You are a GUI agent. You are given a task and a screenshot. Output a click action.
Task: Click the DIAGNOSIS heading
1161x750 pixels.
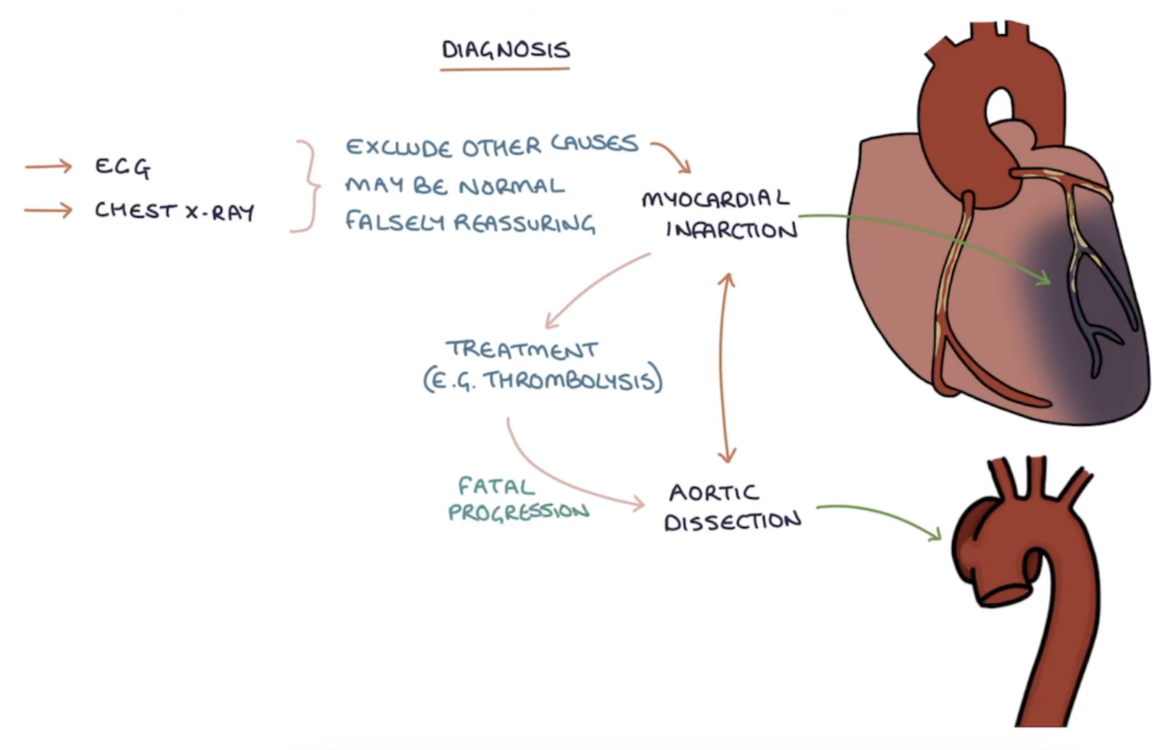[x=506, y=50]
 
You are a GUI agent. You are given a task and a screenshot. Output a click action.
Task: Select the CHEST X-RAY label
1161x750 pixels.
[x=174, y=211]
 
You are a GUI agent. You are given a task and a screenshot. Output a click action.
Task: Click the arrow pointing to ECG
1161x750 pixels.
[x=48, y=166]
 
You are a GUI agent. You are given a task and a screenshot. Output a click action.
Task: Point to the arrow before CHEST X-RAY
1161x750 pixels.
[x=48, y=210]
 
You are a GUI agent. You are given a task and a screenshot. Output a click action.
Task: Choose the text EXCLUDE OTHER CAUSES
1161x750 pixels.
[x=492, y=145]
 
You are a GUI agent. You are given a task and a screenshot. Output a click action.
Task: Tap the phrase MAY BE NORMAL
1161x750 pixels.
[x=454, y=185]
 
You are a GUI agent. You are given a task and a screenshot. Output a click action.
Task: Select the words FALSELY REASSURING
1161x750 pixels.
[x=470, y=223]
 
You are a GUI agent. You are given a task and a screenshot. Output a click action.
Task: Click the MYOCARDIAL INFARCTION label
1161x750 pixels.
[x=718, y=214]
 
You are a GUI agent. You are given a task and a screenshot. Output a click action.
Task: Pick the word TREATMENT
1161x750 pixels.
[x=522, y=350]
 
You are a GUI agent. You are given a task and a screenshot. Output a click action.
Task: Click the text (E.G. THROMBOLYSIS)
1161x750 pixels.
[x=543, y=381]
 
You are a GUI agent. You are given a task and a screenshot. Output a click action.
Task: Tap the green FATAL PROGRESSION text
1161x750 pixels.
[x=518, y=499]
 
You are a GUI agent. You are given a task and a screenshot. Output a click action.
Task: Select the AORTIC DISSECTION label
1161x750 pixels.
[x=733, y=506]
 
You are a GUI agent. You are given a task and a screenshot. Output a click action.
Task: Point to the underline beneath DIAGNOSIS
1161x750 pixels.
[x=505, y=68]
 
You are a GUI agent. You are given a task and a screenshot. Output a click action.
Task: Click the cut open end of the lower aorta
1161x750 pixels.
[x=1005, y=592]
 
